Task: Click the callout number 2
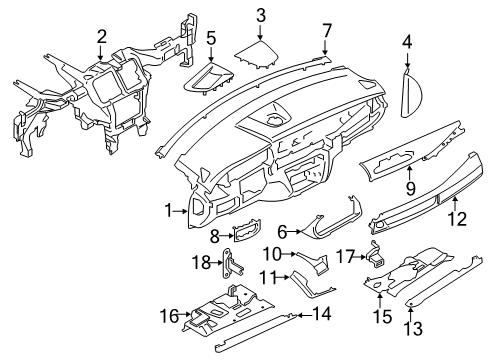coord(101,37)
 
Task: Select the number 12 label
coord(457,219)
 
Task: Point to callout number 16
coord(169,316)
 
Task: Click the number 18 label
coord(202,262)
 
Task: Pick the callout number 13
coord(413,328)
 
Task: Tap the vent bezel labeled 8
coord(247,230)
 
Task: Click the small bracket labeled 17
coord(376,256)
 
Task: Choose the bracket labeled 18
coord(232,264)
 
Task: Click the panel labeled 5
coord(207,78)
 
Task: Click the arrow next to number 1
coord(181,211)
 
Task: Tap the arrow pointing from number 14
coord(304,315)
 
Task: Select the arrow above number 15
coord(380,298)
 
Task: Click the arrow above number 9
coord(410,172)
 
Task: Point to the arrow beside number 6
coord(294,231)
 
